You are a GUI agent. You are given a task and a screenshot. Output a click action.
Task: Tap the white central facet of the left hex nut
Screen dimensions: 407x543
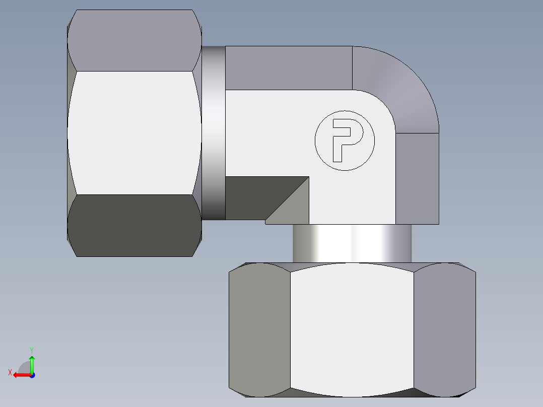(x=134, y=132)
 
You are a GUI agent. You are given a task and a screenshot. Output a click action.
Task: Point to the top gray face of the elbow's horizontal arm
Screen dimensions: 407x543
(x=288, y=67)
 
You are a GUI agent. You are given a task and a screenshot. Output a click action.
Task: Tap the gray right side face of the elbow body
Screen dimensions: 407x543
(x=417, y=178)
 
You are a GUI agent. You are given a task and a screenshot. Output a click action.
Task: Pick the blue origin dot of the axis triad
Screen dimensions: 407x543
(x=32, y=375)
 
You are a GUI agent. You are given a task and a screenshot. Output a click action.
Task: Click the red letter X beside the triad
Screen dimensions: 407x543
(x=10, y=372)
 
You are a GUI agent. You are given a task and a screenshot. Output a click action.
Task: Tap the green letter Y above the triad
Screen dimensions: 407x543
(x=31, y=350)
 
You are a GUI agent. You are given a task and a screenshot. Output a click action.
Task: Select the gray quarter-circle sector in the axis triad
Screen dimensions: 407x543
(x=25, y=368)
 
